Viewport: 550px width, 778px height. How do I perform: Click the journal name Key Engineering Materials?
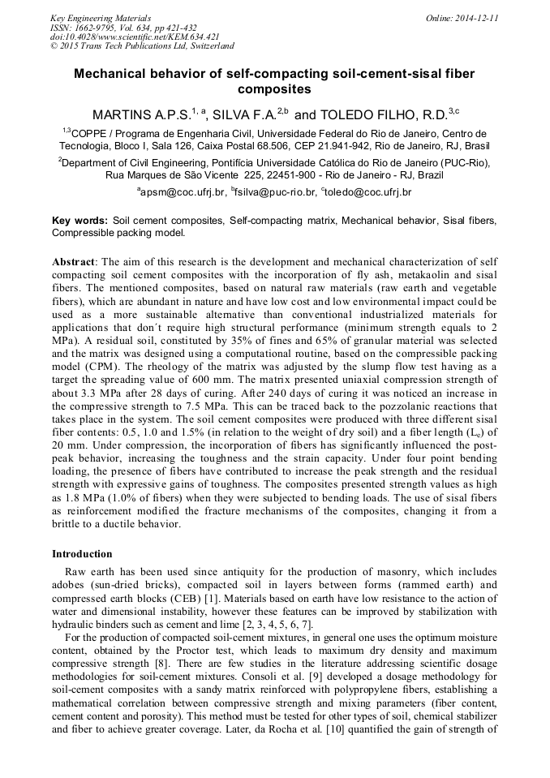(101, 17)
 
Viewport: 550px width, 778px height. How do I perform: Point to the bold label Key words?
(79, 221)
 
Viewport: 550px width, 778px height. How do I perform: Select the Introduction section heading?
(82, 554)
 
